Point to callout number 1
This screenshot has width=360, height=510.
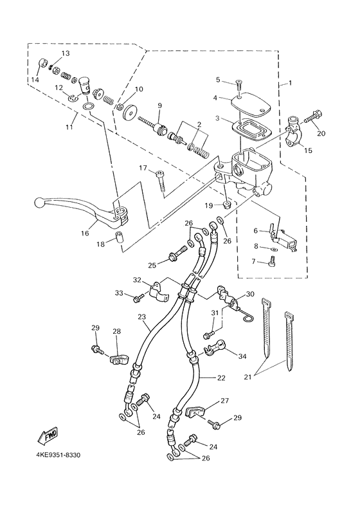click(x=289, y=83)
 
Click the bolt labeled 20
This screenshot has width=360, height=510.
click(x=316, y=118)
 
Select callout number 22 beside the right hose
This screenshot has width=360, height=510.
click(x=221, y=378)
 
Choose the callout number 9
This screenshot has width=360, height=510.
click(x=159, y=105)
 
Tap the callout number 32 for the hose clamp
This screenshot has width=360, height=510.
click(x=137, y=280)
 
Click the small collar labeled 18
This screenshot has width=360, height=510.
click(x=118, y=239)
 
